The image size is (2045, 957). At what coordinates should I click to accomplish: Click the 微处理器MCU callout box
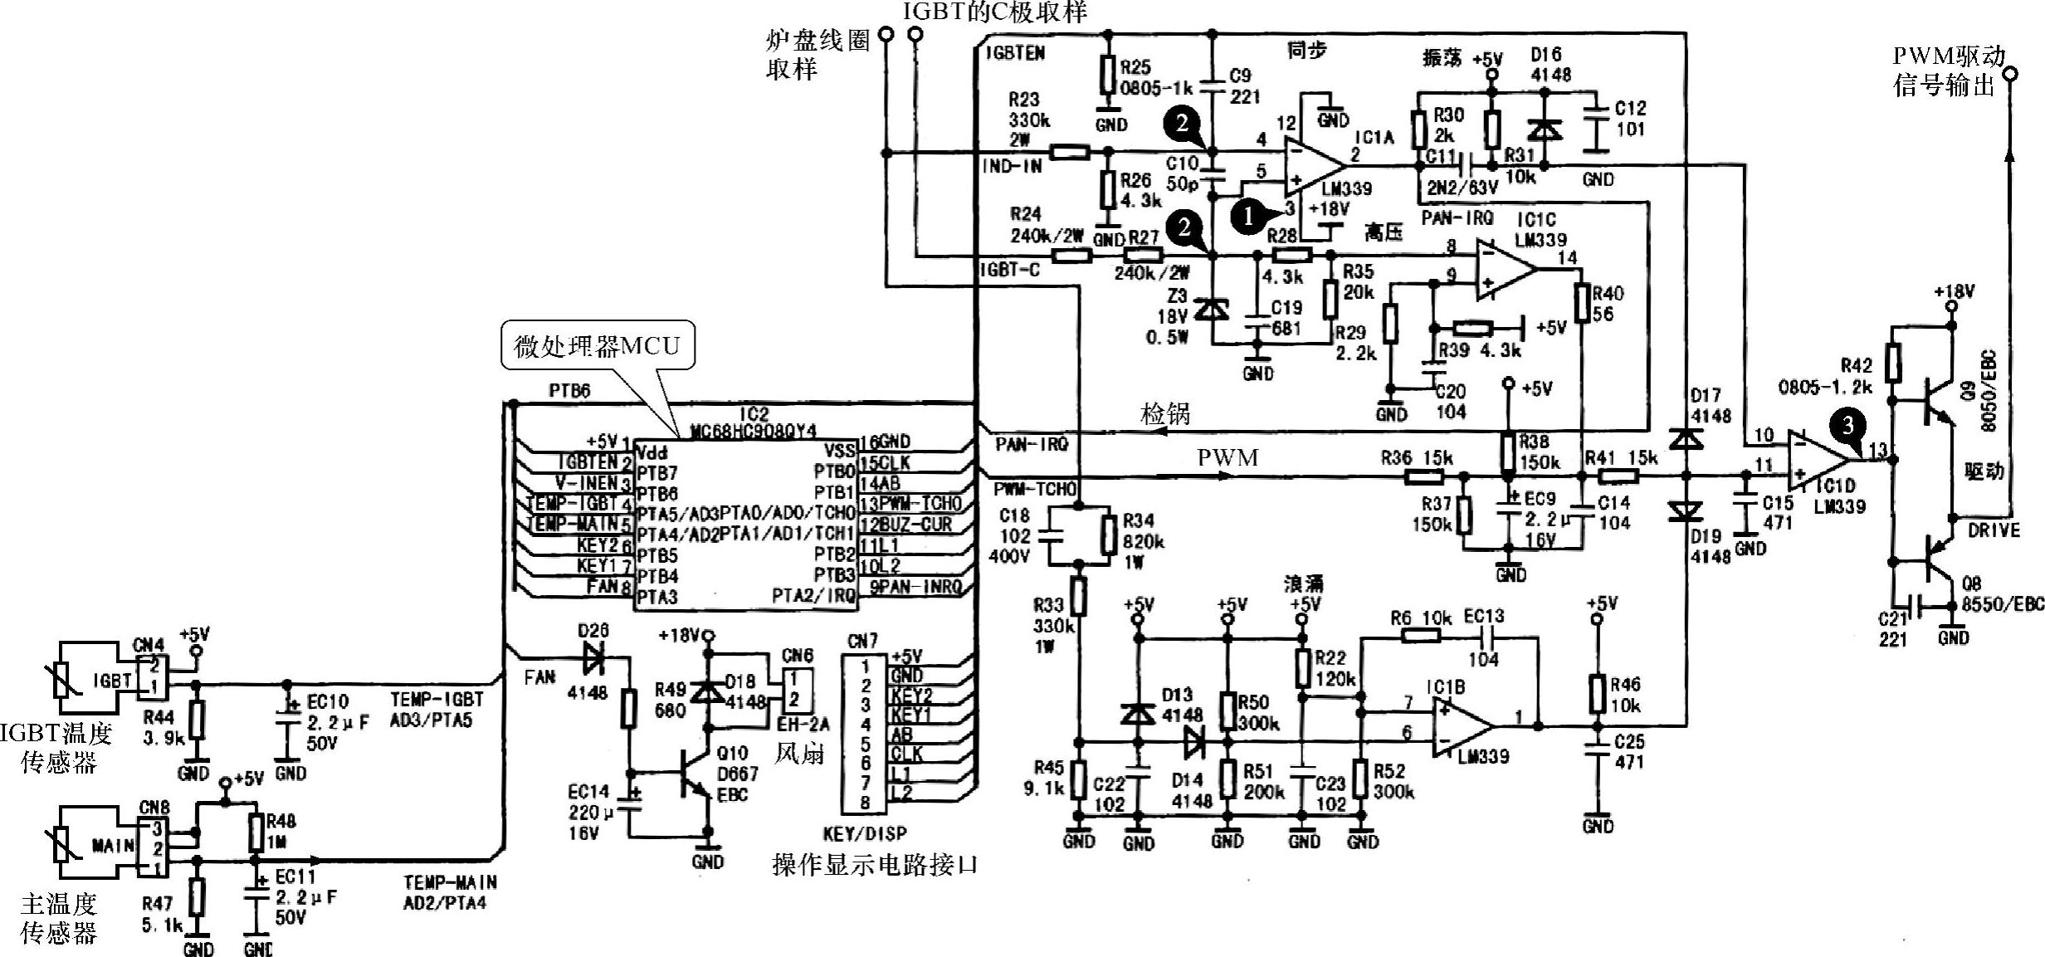(598, 345)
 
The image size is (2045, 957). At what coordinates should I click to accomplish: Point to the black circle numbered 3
(1847, 426)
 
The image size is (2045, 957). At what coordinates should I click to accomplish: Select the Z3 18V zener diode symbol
(1213, 311)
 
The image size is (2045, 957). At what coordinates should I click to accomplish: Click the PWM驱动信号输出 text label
(1948, 71)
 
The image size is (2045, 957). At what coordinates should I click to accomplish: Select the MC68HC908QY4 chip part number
(754, 431)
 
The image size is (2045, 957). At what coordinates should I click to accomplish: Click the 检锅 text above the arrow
(1165, 414)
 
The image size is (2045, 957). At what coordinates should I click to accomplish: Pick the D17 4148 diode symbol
(1686, 437)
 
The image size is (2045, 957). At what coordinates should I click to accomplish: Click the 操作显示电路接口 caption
(875, 865)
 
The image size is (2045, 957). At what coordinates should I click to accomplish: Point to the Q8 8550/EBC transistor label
(2000, 594)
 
